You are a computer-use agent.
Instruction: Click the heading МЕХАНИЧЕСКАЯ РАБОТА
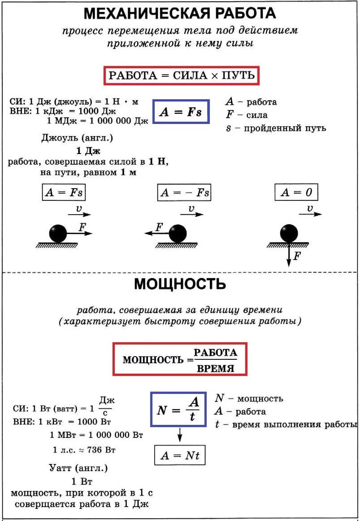(180, 13)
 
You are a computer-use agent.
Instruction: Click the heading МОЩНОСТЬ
(180, 284)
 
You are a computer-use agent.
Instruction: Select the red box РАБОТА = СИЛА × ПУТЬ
(182, 75)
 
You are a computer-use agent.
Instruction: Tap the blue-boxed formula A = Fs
(181, 112)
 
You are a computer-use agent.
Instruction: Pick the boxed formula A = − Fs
(184, 193)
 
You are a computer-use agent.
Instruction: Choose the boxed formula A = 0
(296, 193)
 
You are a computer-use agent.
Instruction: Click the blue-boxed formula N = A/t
(178, 409)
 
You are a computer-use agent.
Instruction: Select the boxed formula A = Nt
(179, 455)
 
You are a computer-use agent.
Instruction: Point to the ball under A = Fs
(58, 234)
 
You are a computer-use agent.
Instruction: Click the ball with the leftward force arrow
(178, 234)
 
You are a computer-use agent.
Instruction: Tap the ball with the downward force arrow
(289, 234)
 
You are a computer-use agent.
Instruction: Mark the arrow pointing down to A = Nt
(179, 434)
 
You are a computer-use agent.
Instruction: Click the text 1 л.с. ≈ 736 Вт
(84, 450)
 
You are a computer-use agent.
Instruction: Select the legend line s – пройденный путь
(276, 128)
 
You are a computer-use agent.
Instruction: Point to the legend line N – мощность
(249, 398)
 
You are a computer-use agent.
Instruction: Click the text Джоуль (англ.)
(77, 138)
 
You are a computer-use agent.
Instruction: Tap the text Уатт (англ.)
(78, 468)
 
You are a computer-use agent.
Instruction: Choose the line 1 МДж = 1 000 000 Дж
(97, 120)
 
